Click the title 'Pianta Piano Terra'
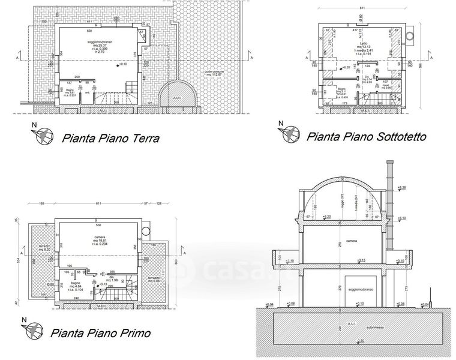click(110, 139)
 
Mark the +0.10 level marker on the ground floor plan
click(121, 64)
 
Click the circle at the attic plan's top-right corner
click(409, 36)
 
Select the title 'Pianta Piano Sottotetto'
click(366, 136)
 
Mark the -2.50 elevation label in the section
click(360, 341)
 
